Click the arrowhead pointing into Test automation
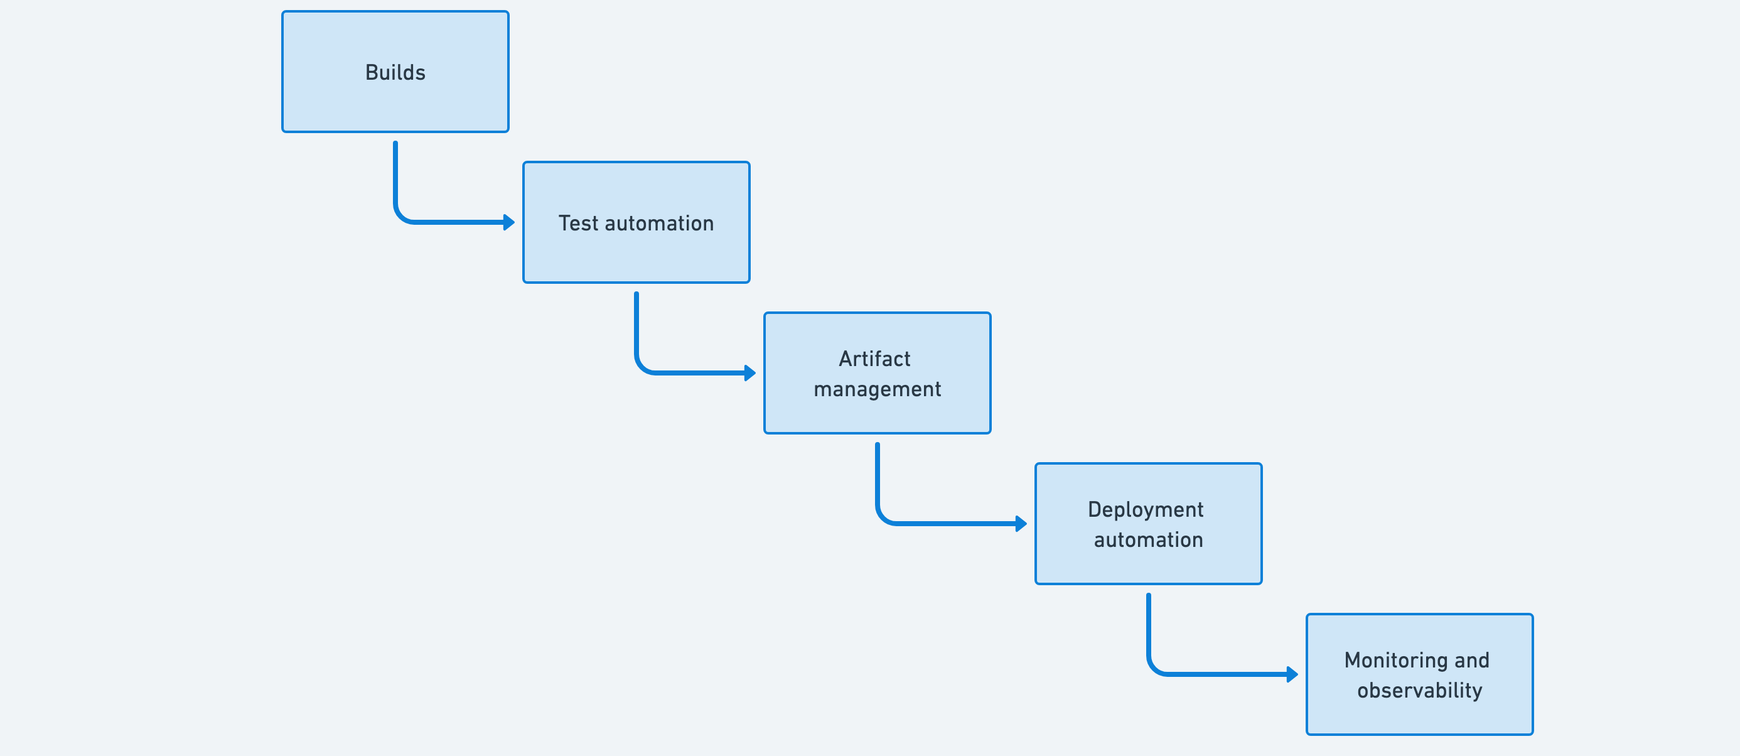click(x=509, y=222)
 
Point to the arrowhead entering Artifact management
click(x=751, y=373)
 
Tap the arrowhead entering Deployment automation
click(x=1021, y=524)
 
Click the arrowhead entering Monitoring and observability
click(x=1293, y=674)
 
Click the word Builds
click(x=395, y=72)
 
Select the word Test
click(x=577, y=223)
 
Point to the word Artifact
click(x=875, y=359)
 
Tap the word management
click(x=877, y=389)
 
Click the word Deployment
click(x=1146, y=509)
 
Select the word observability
click(x=1419, y=691)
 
